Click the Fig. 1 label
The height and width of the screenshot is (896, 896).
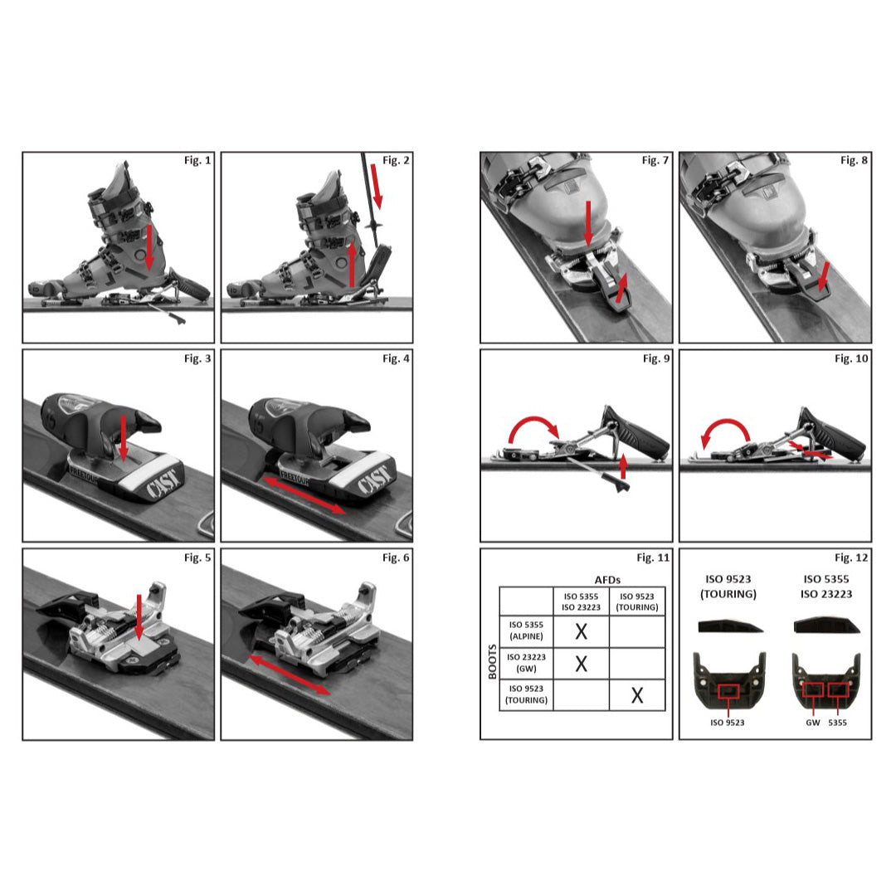point(197,161)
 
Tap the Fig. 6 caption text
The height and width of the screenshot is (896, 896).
point(396,558)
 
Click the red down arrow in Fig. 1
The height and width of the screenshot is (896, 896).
point(149,247)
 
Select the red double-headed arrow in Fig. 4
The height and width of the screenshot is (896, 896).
point(304,495)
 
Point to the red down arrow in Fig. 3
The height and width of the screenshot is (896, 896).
point(124,438)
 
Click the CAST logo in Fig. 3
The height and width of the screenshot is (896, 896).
point(165,483)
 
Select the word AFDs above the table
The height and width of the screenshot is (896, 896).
point(607,580)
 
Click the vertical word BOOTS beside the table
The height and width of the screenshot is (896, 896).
point(493,662)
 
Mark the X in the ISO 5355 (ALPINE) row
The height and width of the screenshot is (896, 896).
point(581,631)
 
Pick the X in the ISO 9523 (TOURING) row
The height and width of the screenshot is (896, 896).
point(637,695)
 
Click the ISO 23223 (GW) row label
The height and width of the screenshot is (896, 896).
point(526,663)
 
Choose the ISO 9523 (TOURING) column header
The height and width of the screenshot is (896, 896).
point(637,601)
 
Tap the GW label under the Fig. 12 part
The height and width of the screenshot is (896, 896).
point(812,723)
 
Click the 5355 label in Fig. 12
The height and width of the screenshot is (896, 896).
point(838,723)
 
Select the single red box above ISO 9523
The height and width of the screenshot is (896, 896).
point(728,691)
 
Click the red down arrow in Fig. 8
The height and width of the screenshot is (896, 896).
point(824,276)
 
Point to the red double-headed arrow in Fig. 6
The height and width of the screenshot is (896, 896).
point(290,674)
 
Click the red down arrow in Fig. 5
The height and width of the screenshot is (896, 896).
point(139,617)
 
